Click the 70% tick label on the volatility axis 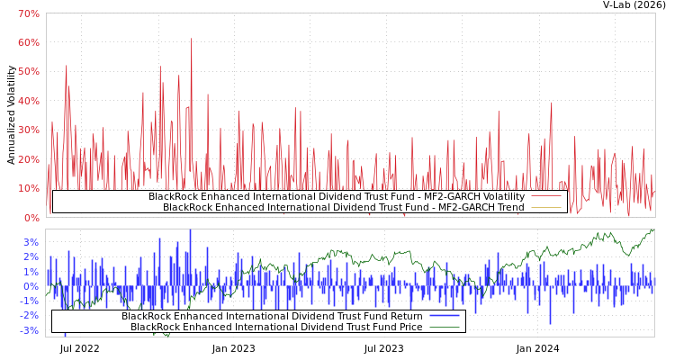point(28,13)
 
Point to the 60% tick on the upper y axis point(28,42)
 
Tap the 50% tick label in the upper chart point(28,72)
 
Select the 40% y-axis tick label point(28,101)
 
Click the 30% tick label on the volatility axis point(28,130)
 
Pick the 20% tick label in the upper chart point(28,159)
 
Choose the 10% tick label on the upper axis point(28,188)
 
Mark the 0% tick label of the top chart point(31,217)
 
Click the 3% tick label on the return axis point(31,242)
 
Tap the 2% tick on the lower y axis point(31,256)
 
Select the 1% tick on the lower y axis point(31,272)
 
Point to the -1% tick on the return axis point(29,301)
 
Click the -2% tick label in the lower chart point(29,315)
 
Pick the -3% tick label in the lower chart point(29,330)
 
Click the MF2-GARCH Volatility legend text point(336,196)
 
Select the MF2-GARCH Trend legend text point(343,207)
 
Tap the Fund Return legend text point(272,316)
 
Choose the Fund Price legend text point(276,327)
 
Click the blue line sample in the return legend point(444,316)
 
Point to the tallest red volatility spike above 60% point(191,40)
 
